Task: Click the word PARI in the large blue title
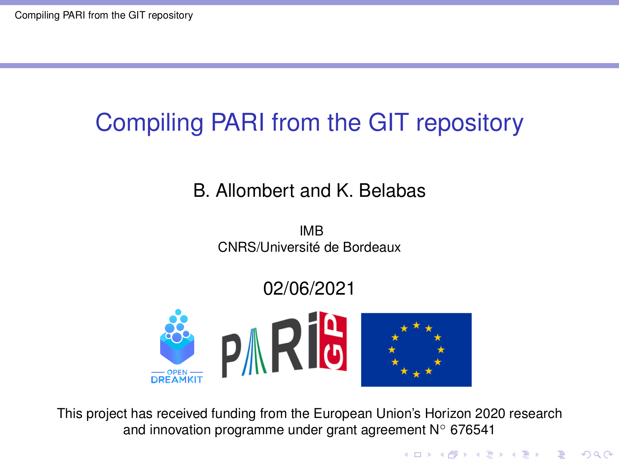tap(238, 122)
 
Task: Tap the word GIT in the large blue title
tap(388, 122)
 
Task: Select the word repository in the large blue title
tap(470, 124)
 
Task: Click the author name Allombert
tap(255, 191)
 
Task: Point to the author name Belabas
tap(392, 191)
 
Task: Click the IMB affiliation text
tap(311, 231)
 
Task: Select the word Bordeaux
tap(372, 247)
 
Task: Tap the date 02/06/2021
tap(309, 288)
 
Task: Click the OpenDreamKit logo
tap(177, 346)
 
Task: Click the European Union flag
tap(416, 350)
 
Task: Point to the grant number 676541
tap(472, 430)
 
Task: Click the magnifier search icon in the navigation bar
tap(597, 454)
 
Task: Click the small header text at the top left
tap(104, 15)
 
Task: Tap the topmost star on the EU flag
tap(416, 326)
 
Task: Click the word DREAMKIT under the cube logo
tap(177, 380)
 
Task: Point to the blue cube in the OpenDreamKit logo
tap(177, 349)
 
